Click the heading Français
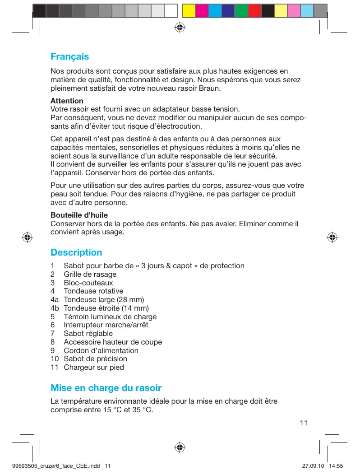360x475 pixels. (69, 57)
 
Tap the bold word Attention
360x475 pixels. (67, 101)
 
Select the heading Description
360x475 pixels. (76, 252)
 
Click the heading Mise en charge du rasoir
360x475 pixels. (106, 388)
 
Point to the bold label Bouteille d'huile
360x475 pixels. (79, 215)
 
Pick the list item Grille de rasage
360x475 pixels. (90, 274)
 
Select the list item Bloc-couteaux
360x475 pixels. (88, 283)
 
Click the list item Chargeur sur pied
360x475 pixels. (93, 367)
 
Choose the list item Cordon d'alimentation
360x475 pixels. (101, 350)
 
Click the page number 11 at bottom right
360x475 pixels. (303, 423)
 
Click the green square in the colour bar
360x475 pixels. (241, 10)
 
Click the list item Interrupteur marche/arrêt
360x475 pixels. (106, 325)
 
